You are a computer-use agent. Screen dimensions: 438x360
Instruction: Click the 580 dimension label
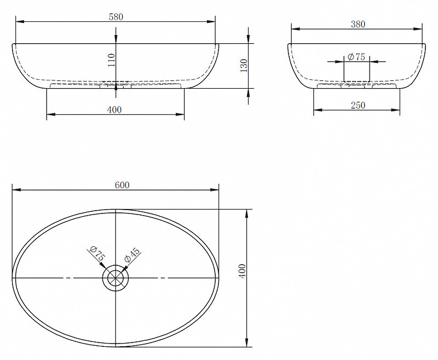coord(116,17)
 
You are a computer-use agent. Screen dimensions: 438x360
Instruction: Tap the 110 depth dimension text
coord(112,60)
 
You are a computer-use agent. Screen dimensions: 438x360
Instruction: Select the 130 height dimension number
coord(244,66)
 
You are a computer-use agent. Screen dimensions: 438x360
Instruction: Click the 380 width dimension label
coord(358,24)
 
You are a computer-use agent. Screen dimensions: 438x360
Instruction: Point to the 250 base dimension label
coord(358,105)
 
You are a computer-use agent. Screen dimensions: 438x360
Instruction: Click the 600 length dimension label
coord(122,185)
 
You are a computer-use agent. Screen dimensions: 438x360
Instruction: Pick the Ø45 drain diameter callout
coord(132,255)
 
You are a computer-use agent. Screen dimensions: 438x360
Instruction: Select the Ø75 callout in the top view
coord(97,253)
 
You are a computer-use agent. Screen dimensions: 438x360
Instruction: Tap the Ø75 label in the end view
coord(356,57)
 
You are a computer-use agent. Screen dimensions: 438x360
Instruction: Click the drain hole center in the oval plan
coord(116,278)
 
